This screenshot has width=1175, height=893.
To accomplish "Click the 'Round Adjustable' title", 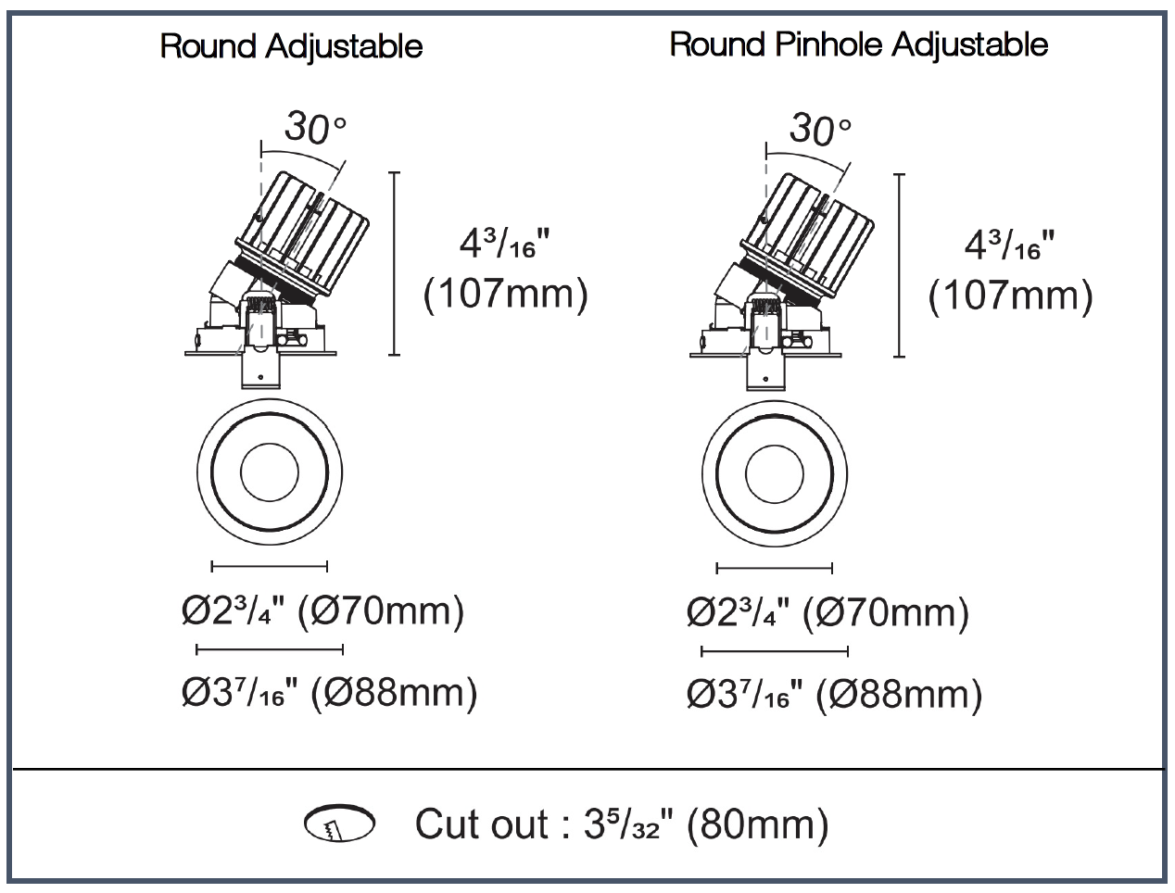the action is click(x=291, y=46).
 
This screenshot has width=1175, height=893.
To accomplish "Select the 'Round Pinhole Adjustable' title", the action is click(x=859, y=44).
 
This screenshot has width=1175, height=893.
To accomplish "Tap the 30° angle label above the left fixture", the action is click(x=315, y=128).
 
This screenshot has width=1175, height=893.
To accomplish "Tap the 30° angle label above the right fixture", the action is click(x=820, y=130).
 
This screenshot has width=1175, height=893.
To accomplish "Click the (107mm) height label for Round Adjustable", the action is click(x=506, y=294).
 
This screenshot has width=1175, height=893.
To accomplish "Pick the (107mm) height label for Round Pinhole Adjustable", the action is click(x=1011, y=296).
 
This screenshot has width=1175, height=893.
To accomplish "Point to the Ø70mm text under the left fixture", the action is click(x=381, y=611).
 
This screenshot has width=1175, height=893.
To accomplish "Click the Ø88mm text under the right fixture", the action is click(x=899, y=695).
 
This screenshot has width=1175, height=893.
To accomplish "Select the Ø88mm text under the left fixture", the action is click(x=394, y=692).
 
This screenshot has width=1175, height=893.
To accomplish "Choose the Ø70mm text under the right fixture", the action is click(x=885, y=613).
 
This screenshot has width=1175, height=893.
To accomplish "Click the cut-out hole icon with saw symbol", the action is click(x=339, y=823).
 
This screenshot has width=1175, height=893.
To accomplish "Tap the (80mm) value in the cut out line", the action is click(x=757, y=824).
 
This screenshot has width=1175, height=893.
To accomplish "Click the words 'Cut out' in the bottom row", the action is click(x=482, y=824).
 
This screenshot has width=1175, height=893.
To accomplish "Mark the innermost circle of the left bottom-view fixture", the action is click(x=270, y=444).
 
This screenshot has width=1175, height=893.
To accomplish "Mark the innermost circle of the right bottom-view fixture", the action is click(x=774, y=446).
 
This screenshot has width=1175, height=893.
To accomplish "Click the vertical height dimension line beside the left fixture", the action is click(x=394, y=263).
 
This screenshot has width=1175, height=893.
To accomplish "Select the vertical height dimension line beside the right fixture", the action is click(x=899, y=265).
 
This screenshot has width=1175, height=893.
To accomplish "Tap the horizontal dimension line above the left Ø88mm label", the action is click(x=270, y=649).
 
